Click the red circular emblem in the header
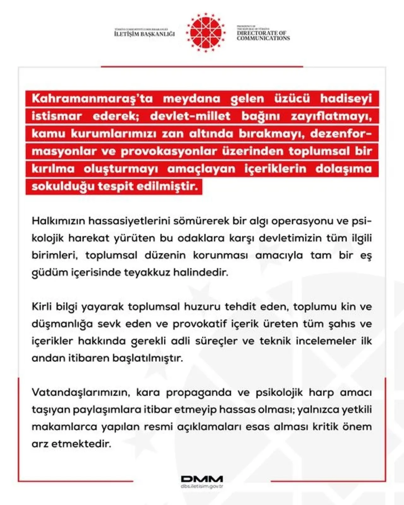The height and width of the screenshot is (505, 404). (206, 33)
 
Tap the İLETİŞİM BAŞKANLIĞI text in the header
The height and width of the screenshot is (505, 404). (145, 33)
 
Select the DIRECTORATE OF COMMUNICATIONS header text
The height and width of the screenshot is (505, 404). (263, 35)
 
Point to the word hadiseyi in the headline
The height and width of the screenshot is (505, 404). (346, 99)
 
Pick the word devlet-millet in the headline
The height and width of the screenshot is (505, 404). (190, 116)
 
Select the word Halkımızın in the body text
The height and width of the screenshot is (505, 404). (58, 221)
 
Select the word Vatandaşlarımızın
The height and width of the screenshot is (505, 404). (81, 393)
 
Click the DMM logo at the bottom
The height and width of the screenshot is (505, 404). (202, 479)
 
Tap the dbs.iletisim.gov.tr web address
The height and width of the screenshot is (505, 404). (202, 486)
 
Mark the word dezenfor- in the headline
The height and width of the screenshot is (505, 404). (341, 134)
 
